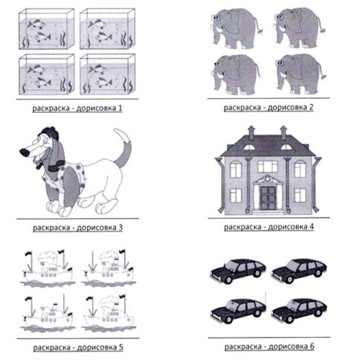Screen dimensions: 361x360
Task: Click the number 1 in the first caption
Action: coord(120,109)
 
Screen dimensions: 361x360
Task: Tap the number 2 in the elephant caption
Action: coord(311,107)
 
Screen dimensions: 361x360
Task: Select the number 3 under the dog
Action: coord(121,228)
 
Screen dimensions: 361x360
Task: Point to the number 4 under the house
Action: coord(311,227)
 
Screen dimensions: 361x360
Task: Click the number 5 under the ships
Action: coord(121,347)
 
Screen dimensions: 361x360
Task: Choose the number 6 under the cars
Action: coord(312,346)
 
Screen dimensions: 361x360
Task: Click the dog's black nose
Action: coord(25,152)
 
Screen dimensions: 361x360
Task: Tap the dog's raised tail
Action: coord(123,147)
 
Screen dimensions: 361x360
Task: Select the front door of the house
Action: coord(268,198)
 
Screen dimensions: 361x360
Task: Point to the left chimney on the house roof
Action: coord(252,132)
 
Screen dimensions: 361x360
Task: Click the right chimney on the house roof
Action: coord(284,132)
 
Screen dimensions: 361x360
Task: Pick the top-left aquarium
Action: coord(47,29)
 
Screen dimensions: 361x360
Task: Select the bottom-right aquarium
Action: coord(107,74)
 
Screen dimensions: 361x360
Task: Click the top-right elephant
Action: coord(300,28)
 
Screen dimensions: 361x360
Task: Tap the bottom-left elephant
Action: coord(237,74)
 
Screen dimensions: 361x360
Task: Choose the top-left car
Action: coord(238,271)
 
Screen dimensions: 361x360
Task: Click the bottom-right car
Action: coord(299,310)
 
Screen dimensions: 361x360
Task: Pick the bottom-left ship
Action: coord(47,314)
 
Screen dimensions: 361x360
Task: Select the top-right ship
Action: coord(108,269)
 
